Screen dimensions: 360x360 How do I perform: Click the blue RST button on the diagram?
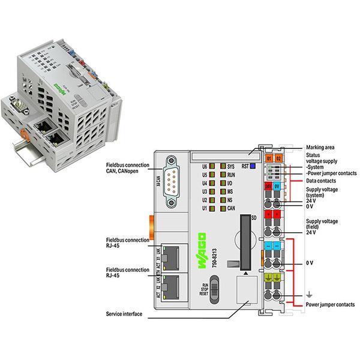(x=253, y=164)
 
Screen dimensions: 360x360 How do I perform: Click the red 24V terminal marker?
(x=268, y=186)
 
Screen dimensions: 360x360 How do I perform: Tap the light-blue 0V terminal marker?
(x=277, y=186)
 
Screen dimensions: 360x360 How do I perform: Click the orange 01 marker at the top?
(x=269, y=158)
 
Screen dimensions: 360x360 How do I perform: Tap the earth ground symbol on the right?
(x=308, y=295)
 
